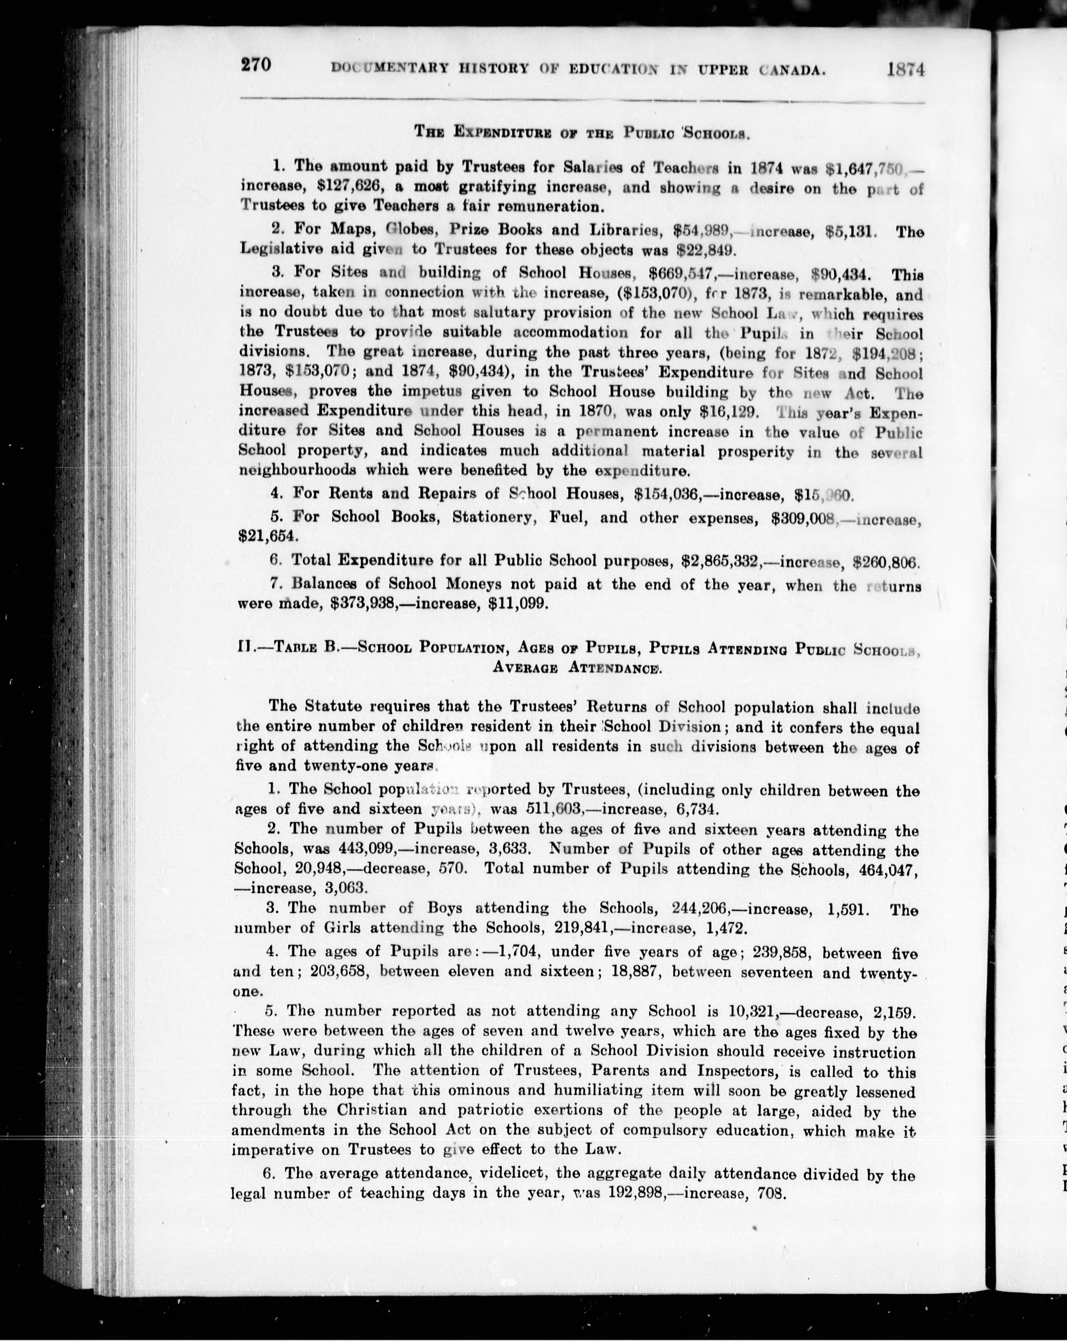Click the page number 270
click(x=256, y=65)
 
